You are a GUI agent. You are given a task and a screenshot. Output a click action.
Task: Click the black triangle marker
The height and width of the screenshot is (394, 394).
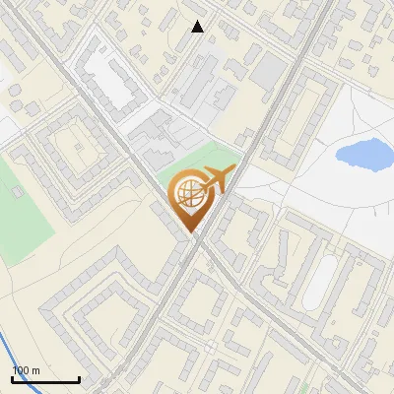pos(198,27)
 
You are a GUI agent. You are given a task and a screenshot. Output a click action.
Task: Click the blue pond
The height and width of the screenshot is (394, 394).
pos(362,153)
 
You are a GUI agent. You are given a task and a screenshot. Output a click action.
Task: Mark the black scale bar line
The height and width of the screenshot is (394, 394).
pos(45,379)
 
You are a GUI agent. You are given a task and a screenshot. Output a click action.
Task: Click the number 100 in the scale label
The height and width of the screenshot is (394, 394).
pos(21,370)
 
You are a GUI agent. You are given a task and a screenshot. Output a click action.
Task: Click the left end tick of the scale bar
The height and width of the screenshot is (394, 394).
pos(13,378)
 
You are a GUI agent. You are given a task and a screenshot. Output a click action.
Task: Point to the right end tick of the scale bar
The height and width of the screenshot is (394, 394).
pos(78,378)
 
